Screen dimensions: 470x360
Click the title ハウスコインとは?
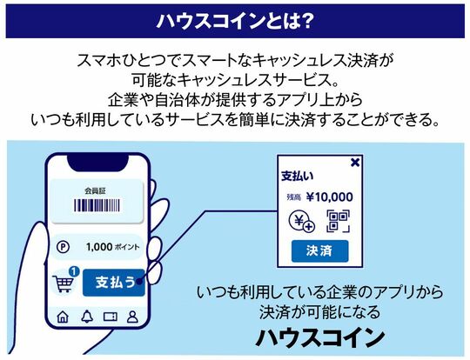[x=235, y=21]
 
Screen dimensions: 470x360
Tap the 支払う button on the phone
[x=114, y=283]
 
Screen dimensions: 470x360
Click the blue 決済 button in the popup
[x=319, y=251]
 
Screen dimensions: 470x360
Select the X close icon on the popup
[x=355, y=163]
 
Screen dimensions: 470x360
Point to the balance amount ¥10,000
[x=330, y=197]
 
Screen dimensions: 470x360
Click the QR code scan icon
[x=338, y=221]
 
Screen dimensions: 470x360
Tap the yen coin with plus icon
[x=301, y=222]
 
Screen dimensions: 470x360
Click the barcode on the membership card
[x=97, y=205]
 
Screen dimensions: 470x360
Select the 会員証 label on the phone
[x=96, y=190]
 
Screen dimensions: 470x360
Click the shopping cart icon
[x=64, y=283]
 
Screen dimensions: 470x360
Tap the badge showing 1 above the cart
[x=74, y=271]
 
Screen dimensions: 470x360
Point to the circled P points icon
[x=63, y=247]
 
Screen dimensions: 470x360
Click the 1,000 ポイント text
[x=112, y=247]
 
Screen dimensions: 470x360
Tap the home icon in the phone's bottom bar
[x=63, y=317]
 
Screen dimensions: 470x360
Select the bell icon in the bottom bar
[x=87, y=317]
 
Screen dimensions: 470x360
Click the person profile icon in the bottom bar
[x=132, y=317]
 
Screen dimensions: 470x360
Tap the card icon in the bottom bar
[x=111, y=317]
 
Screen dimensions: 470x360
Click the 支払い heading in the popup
[x=298, y=177]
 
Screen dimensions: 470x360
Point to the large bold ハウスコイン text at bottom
[x=320, y=338]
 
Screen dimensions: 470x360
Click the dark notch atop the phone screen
[x=97, y=163]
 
